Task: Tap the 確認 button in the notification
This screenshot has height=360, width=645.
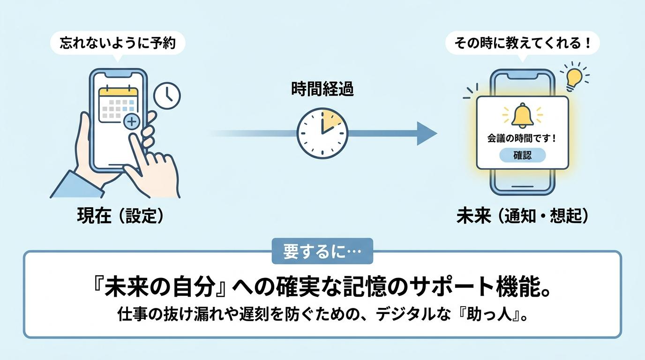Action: click(522, 155)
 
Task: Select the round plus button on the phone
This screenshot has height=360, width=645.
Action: click(132, 121)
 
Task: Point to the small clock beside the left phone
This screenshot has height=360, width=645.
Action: click(167, 96)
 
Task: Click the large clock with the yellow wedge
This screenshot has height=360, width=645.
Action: click(322, 133)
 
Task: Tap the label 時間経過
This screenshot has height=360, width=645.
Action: click(322, 89)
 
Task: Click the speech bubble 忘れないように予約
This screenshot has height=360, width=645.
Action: click(118, 44)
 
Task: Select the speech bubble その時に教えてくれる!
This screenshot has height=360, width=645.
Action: click(522, 44)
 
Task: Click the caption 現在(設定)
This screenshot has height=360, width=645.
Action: click(120, 216)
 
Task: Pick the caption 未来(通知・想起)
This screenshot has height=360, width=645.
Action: click(522, 216)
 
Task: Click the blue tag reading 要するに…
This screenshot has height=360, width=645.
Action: click(322, 251)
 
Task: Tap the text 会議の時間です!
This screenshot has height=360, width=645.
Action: click(522, 139)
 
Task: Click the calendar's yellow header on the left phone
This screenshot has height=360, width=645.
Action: click(118, 93)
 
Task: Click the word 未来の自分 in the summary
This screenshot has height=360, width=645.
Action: click(160, 288)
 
